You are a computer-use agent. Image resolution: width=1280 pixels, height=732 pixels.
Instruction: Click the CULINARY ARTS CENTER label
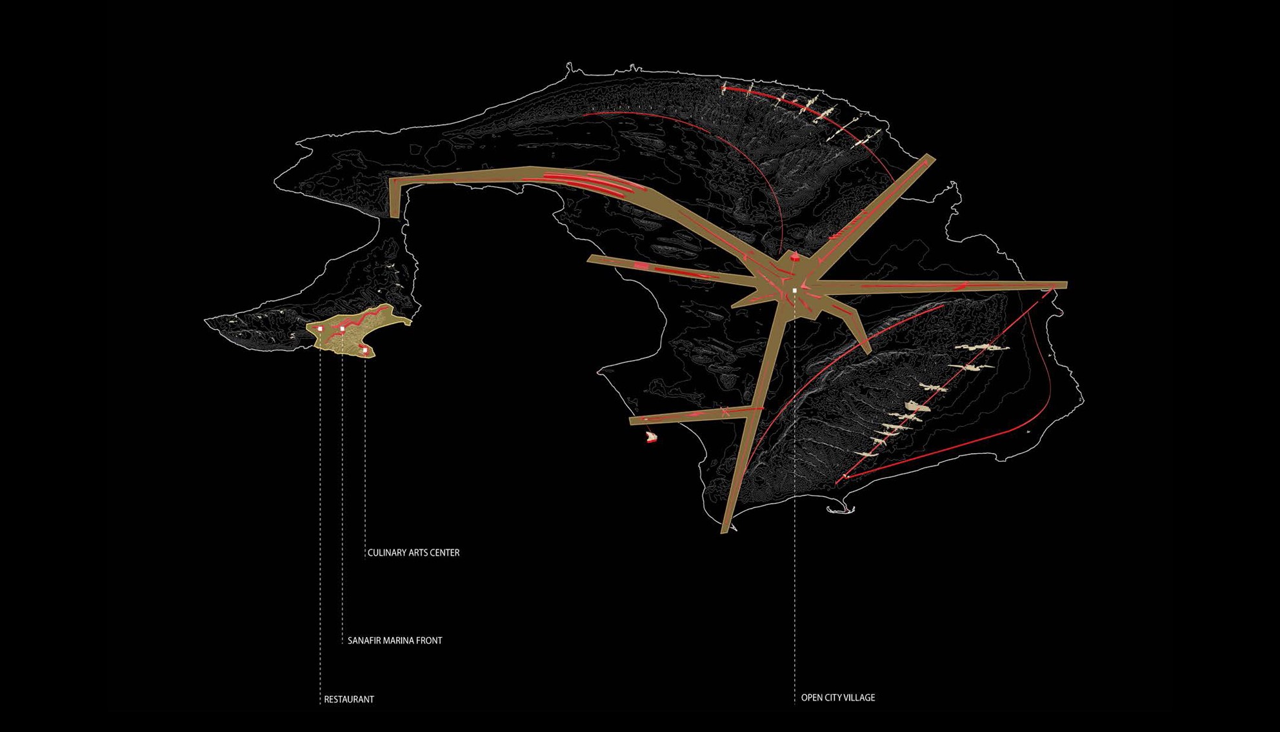point(413,553)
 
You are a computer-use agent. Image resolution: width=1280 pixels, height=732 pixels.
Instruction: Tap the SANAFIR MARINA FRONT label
point(395,640)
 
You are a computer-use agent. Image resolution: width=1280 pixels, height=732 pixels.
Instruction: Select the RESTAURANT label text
point(349,699)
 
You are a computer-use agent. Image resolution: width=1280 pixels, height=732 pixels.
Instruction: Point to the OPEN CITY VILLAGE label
point(837,698)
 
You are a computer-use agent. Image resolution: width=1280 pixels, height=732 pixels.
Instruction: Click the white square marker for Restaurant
point(320,329)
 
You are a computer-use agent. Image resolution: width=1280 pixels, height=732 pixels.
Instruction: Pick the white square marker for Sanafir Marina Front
point(342,329)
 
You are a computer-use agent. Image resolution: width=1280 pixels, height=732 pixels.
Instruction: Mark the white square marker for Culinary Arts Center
point(365,350)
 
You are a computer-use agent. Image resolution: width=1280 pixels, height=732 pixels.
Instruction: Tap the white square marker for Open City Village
point(795,291)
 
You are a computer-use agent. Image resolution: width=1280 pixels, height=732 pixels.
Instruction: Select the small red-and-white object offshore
point(652,438)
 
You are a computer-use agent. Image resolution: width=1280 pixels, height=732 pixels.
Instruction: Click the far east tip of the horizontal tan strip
point(1065,285)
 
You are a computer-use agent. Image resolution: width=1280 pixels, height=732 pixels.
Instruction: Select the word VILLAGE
point(859,698)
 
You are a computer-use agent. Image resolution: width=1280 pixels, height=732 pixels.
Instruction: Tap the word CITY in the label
point(832,698)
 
